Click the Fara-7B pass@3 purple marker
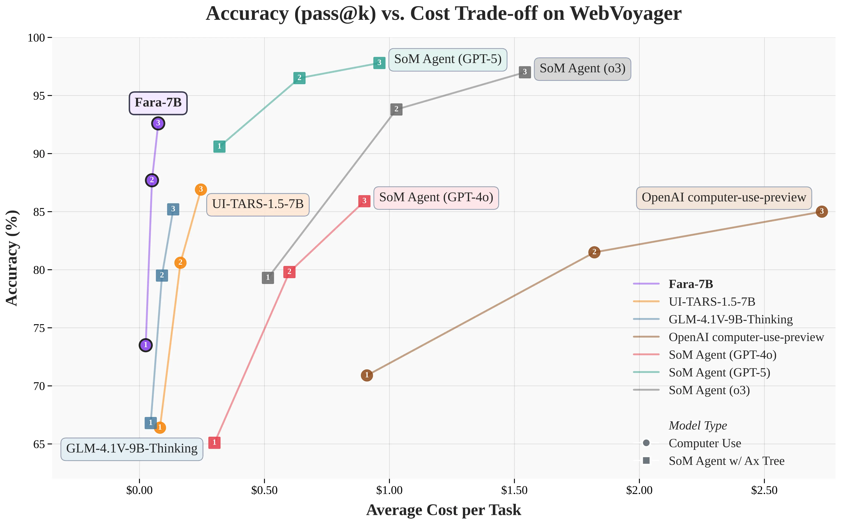(x=158, y=123)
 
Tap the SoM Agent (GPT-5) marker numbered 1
(x=219, y=147)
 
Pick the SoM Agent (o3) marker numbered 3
(x=525, y=72)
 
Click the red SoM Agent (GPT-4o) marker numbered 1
(x=214, y=443)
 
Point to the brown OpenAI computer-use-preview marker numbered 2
(x=594, y=252)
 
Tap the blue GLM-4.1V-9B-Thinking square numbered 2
(x=162, y=276)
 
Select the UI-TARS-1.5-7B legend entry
(x=712, y=302)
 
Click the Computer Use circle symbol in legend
(x=646, y=443)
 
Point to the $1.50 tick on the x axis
(x=514, y=490)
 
